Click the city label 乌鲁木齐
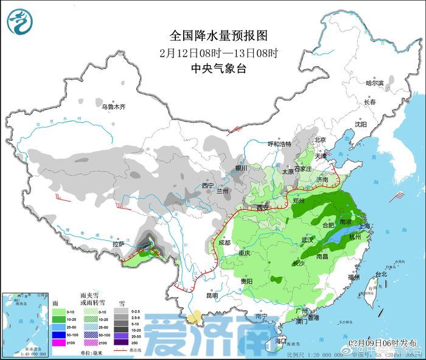coord(113,106)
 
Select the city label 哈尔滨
coord(374,83)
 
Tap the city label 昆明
coord(211,296)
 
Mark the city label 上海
coord(365,226)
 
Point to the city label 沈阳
coord(361,124)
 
